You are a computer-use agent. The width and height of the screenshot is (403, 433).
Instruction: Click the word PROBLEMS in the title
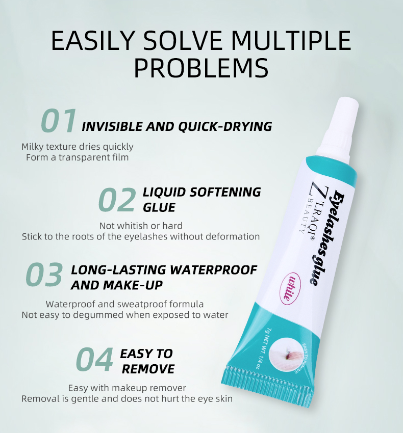tap(201, 68)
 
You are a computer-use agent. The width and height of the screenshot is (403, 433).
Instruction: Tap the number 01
tap(58, 121)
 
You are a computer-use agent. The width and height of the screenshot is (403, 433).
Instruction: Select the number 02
tap(117, 200)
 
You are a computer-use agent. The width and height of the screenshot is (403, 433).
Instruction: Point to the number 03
tap(44, 275)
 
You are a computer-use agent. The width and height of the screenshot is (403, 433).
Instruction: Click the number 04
tap(94, 360)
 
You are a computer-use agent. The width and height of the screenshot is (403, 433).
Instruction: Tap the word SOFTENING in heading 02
tap(225, 192)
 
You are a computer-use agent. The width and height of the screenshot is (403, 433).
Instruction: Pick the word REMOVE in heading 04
tap(148, 369)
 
